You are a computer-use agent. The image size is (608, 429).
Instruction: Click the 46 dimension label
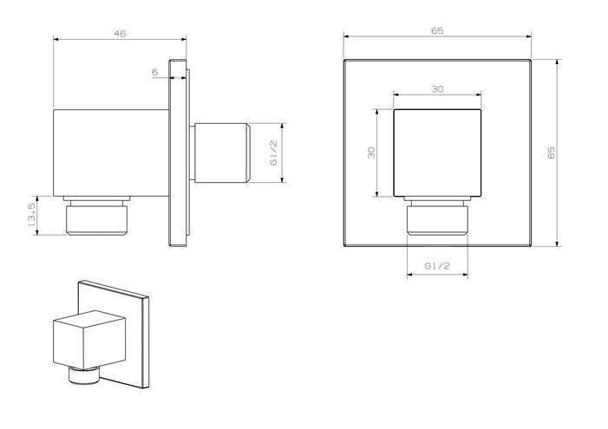[120, 34]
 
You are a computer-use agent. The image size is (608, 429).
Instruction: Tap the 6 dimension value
[155, 72]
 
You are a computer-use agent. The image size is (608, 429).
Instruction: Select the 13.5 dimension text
[32, 215]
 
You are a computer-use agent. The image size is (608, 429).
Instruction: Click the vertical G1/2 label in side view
[274, 153]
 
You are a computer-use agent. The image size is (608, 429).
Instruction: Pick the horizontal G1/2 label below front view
[437, 266]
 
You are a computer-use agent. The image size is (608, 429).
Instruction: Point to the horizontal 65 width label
[437, 30]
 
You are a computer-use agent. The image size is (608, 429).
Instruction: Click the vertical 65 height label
[551, 153]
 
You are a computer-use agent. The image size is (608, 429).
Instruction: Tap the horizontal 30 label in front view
[437, 89]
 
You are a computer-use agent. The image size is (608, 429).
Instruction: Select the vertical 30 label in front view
[371, 153]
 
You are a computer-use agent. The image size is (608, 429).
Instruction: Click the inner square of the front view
[437, 153]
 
